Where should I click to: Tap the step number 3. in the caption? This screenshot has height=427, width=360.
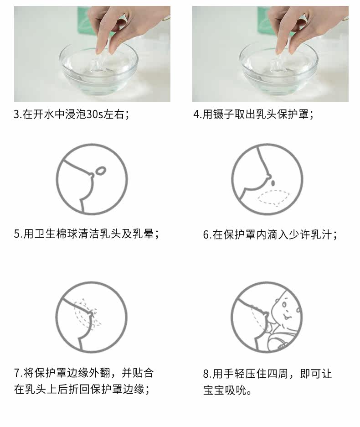17,114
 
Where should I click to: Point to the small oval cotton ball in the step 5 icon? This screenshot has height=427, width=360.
101,171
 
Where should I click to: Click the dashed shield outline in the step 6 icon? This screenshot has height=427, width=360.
273,198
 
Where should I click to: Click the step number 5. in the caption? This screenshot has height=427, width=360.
18,234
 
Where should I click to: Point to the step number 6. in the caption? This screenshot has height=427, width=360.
207,234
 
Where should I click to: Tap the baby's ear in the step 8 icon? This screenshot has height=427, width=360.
298,310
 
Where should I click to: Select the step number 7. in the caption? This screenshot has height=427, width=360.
18,373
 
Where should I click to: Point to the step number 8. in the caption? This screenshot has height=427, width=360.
207,374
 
